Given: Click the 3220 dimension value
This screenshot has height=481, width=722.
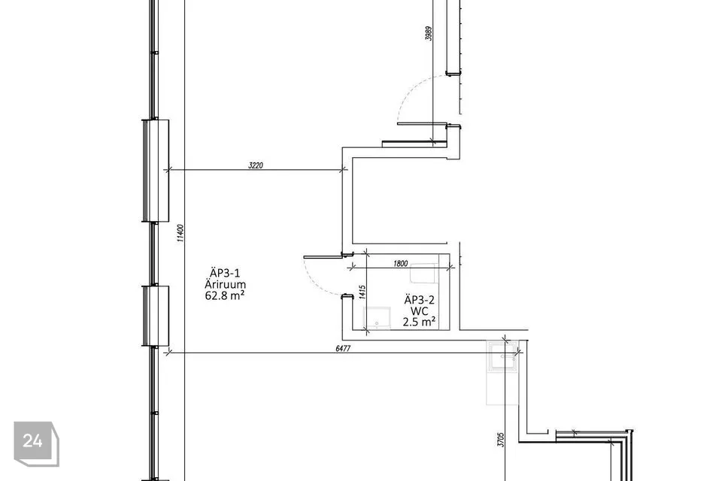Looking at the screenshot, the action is (x=256, y=165).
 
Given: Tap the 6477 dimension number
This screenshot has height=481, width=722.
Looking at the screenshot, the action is (x=343, y=349).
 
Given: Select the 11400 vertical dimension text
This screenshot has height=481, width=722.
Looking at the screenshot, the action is (x=180, y=233).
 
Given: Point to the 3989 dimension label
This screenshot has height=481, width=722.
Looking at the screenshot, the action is (x=429, y=34).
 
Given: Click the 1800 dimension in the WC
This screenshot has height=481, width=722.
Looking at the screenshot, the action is (x=401, y=263).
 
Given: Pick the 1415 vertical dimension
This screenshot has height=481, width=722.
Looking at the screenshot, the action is (x=362, y=292).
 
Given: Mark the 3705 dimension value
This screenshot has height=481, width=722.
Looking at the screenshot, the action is (x=501, y=439).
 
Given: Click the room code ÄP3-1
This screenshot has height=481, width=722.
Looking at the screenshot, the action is (x=225, y=273).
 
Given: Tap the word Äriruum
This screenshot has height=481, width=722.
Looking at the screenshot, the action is (x=225, y=284).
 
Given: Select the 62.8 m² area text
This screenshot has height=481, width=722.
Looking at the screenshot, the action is (x=225, y=295).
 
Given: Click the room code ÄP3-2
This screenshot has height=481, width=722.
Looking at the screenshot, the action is (x=420, y=300).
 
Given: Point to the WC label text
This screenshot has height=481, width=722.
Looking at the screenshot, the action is (x=420, y=311).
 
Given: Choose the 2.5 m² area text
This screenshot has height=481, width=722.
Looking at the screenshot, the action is (x=420, y=322).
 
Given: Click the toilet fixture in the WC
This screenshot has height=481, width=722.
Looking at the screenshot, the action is (x=423, y=274).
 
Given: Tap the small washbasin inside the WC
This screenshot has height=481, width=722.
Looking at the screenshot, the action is (x=377, y=319).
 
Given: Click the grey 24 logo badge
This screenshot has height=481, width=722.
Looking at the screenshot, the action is (x=36, y=443).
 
